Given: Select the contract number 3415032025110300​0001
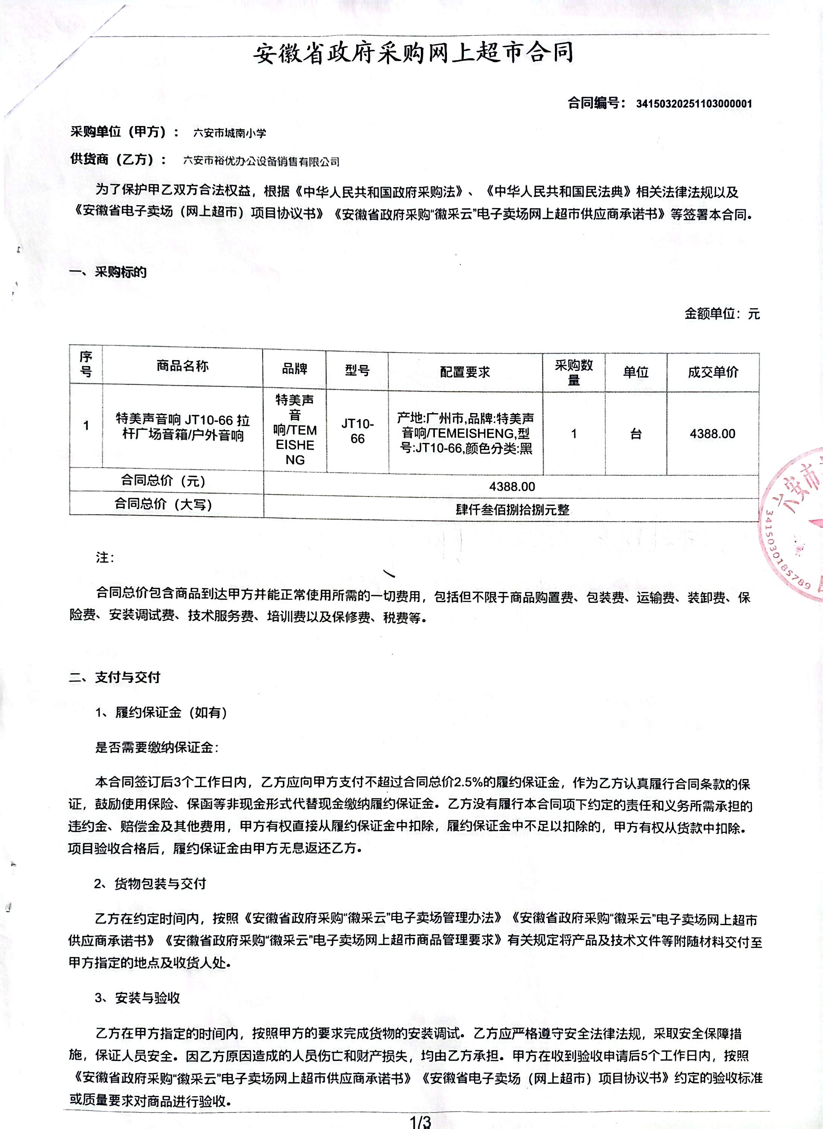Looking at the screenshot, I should point(694,104).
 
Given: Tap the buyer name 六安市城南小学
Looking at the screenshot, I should point(230,133).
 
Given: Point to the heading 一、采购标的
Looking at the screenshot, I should point(108,272).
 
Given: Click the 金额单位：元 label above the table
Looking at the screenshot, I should point(722,314).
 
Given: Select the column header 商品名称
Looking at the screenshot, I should point(182,367).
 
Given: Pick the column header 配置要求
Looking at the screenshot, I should point(465,371).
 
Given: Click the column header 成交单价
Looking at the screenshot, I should point(713,372).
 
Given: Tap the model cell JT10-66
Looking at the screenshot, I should point(357,431).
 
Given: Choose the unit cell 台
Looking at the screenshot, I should point(636,433).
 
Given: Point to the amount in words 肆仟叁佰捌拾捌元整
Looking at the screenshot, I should point(512,510).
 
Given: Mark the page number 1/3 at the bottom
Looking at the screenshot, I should point(419,1122).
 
